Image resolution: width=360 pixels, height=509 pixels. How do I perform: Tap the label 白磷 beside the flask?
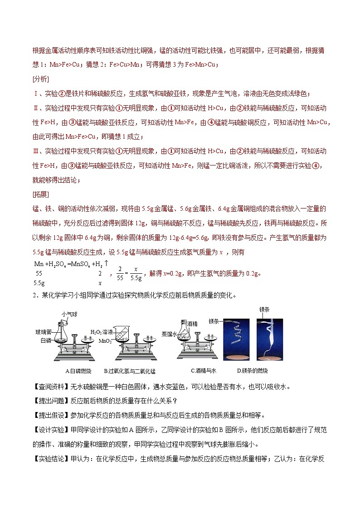click(46, 339)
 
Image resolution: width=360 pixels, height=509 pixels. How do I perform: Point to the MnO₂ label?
click(98, 339)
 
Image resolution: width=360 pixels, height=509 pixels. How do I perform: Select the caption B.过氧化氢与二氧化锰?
click(130, 371)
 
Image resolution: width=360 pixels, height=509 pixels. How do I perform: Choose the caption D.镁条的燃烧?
click(252, 371)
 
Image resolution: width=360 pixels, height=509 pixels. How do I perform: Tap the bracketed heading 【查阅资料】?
click(50, 387)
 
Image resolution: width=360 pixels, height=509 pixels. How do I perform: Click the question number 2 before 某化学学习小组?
click(34, 296)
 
